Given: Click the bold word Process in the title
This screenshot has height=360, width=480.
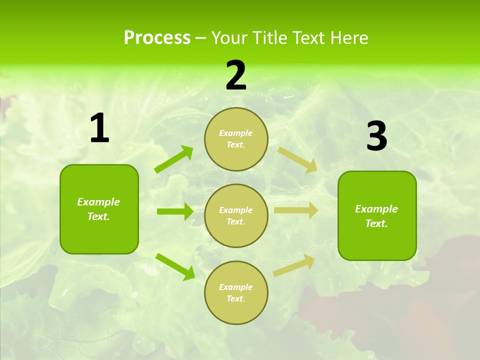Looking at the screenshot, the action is pyautogui.click(x=157, y=38).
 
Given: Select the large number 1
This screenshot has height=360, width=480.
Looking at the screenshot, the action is pyautogui.click(x=99, y=128).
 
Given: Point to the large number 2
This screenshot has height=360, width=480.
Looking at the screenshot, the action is pyautogui.click(x=236, y=75).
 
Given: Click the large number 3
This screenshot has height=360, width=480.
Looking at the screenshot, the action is pyautogui.click(x=376, y=136).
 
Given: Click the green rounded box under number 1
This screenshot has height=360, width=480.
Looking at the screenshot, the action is pyautogui.click(x=99, y=209).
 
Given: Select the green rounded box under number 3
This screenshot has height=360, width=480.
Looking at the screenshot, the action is pyautogui.click(x=377, y=216).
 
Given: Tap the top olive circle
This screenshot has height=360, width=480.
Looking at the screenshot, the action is pyautogui.click(x=236, y=139).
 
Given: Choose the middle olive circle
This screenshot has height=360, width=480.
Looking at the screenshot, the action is pyautogui.click(x=236, y=216).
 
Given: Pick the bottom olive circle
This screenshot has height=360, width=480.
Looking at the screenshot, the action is pyautogui.click(x=236, y=293).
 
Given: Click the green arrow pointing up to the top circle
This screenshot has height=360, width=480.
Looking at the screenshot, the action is pyautogui.click(x=174, y=159).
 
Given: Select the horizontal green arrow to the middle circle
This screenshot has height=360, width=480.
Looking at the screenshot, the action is pyautogui.click(x=175, y=211).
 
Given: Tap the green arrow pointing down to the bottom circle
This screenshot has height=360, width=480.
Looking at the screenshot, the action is pyautogui.click(x=175, y=266).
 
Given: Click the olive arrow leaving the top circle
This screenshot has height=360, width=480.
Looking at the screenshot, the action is pyautogui.click(x=297, y=159).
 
